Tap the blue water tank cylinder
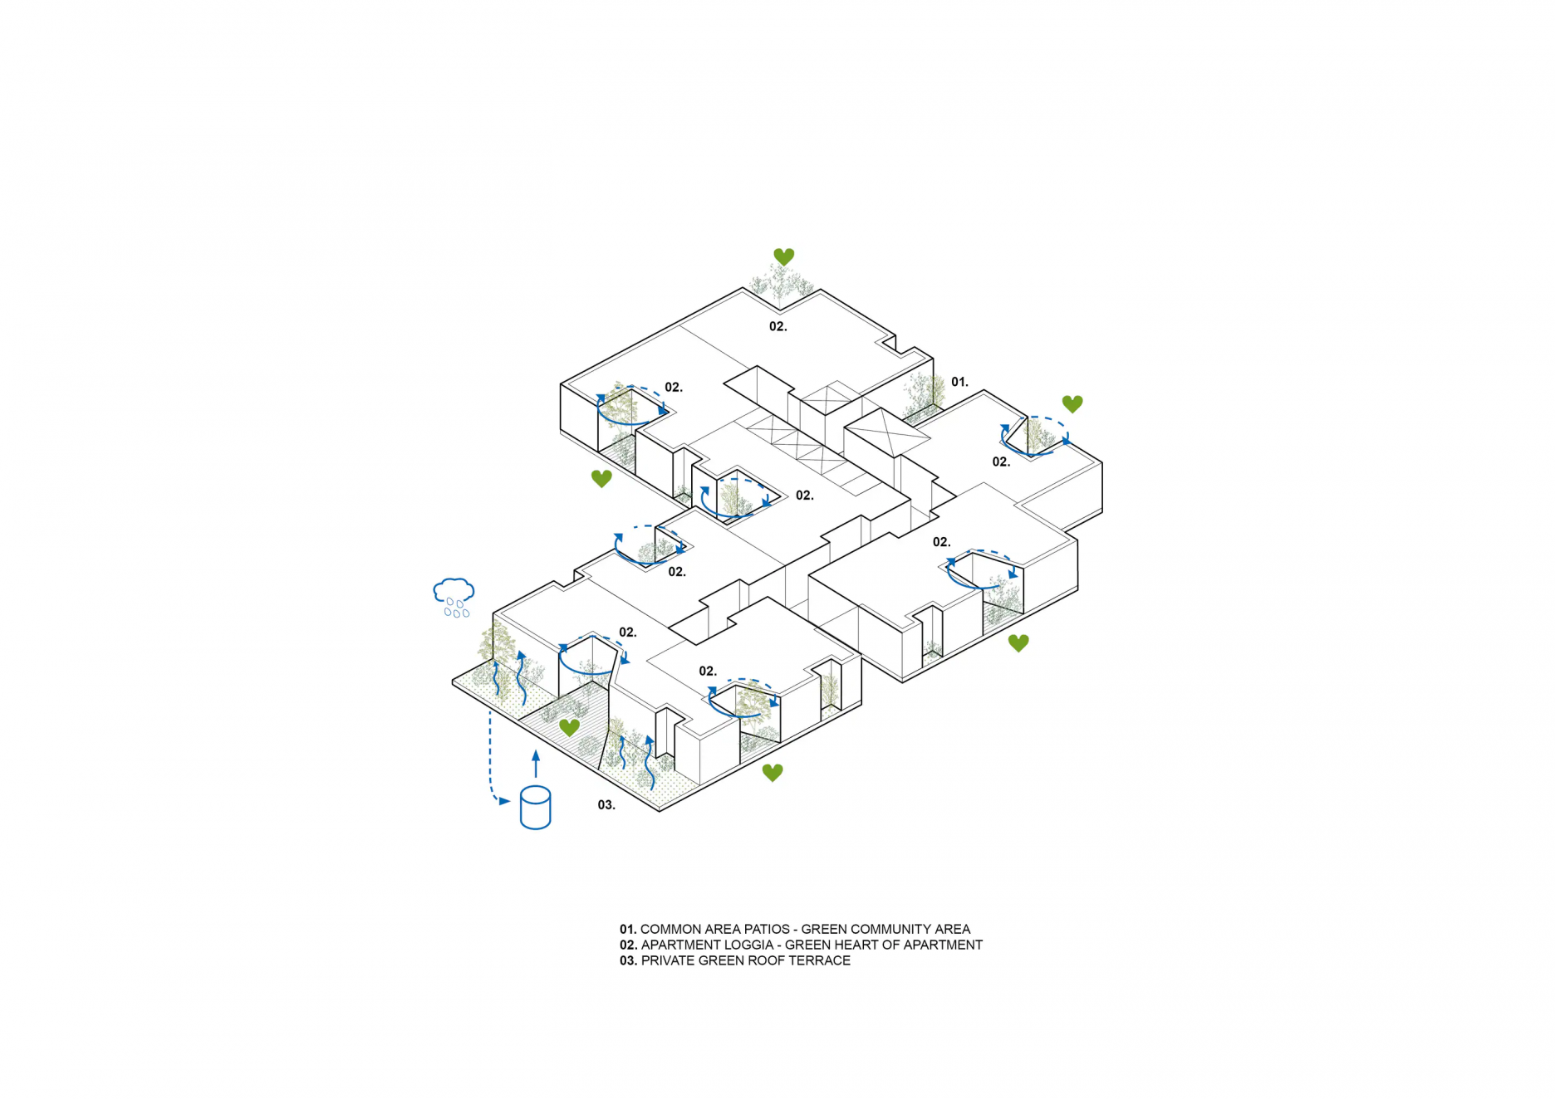click(x=535, y=808)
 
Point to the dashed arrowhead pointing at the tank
click(x=504, y=801)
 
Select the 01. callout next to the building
click(x=959, y=382)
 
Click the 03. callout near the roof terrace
click(x=606, y=805)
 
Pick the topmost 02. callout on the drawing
click(x=777, y=327)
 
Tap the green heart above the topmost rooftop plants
click(x=783, y=256)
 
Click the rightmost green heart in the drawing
click(x=1072, y=404)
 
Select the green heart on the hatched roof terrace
click(x=569, y=728)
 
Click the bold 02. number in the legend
click(x=628, y=945)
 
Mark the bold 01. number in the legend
click(x=628, y=930)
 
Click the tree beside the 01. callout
click(x=924, y=394)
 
